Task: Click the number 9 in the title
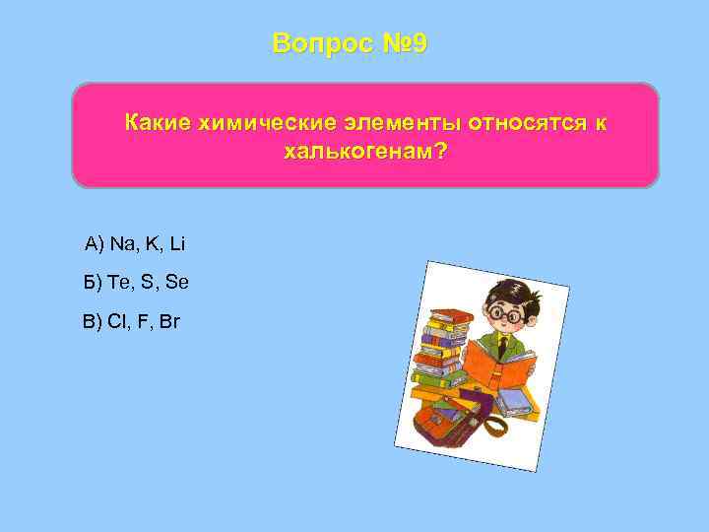point(419,44)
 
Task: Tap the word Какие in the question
point(158,123)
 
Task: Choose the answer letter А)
point(95,243)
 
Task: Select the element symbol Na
point(124,243)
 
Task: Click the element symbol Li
point(177,243)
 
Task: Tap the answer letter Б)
point(94,283)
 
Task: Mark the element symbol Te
point(121,283)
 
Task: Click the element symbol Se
point(177,283)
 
